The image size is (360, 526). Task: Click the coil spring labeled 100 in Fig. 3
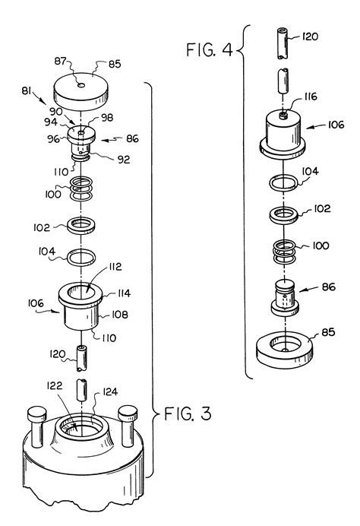(83, 189)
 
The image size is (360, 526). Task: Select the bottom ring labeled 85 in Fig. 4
(283, 347)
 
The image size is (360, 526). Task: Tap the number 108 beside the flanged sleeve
(120, 314)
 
